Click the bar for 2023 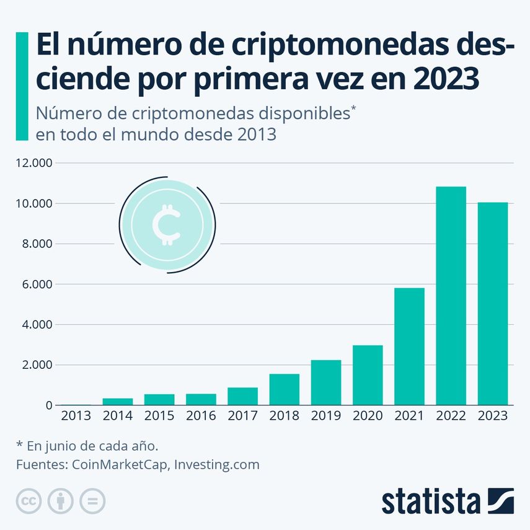click(x=492, y=304)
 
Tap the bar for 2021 click(x=409, y=347)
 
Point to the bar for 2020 click(x=368, y=375)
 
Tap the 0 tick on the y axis click(x=48, y=405)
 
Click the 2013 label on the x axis click(x=76, y=416)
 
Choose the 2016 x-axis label click(x=201, y=416)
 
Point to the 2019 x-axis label click(x=326, y=416)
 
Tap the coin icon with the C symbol click(x=167, y=225)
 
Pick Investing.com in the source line click(x=216, y=464)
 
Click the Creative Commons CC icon click(x=29, y=501)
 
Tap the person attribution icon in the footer click(x=61, y=501)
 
